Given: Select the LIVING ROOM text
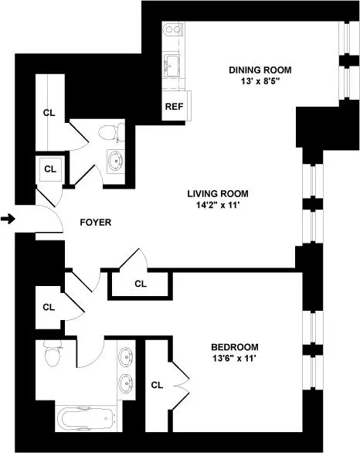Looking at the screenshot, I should [216, 193].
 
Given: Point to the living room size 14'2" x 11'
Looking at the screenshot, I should [216, 206].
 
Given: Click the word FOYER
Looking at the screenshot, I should [96, 223].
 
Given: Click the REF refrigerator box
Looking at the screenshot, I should [172, 107].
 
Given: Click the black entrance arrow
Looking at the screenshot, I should [8, 220].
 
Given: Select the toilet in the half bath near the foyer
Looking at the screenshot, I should [114, 132].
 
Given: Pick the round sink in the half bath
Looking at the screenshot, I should [116, 163].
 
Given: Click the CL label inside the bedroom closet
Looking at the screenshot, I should [157, 384].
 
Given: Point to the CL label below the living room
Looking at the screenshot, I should [140, 284].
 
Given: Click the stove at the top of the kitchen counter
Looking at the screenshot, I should [172, 32].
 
